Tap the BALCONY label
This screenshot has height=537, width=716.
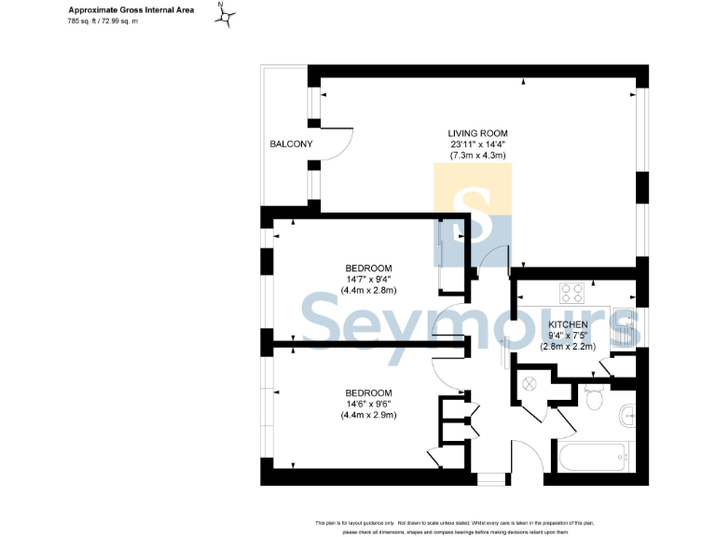pyautogui.click(x=291, y=145)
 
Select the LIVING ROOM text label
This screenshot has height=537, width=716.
pyautogui.click(x=478, y=133)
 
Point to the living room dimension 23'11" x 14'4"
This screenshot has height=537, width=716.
pyautogui.click(x=478, y=145)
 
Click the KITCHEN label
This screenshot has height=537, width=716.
pyautogui.click(x=567, y=324)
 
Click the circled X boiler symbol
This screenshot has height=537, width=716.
pyautogui.click(x=532, y=383)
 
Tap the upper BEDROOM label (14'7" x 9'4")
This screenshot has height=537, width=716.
pyautogui.click(x=368, y=268)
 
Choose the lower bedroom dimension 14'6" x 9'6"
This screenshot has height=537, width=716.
pyautogui.click(x=368, y=404)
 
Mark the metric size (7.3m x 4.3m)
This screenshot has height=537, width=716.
pyautogui.click(x=478, y=156)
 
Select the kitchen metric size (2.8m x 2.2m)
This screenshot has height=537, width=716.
pyautogui.click(x=567, y=345)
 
